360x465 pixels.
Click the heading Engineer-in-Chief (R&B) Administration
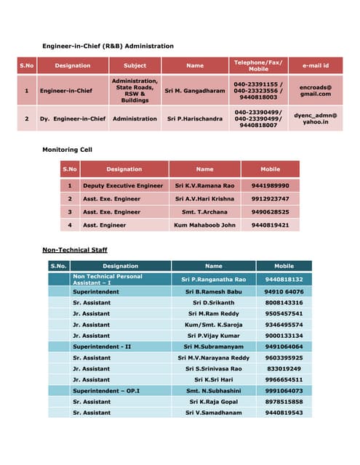108,46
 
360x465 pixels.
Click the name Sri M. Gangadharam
193,92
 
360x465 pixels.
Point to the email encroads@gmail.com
315,90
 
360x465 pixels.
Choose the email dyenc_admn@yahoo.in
315,118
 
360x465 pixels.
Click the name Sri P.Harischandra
195,118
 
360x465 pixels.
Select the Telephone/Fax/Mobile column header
258,65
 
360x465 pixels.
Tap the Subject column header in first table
135,65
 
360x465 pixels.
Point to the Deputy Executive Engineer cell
123,185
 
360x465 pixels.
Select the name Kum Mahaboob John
205,225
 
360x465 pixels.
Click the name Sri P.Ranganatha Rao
214,280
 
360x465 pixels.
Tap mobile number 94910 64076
284,291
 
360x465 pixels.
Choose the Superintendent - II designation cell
102,347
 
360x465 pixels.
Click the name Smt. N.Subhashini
214,390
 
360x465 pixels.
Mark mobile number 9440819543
284,412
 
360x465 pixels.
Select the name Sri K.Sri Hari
214,379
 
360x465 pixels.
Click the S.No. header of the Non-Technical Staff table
58,266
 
